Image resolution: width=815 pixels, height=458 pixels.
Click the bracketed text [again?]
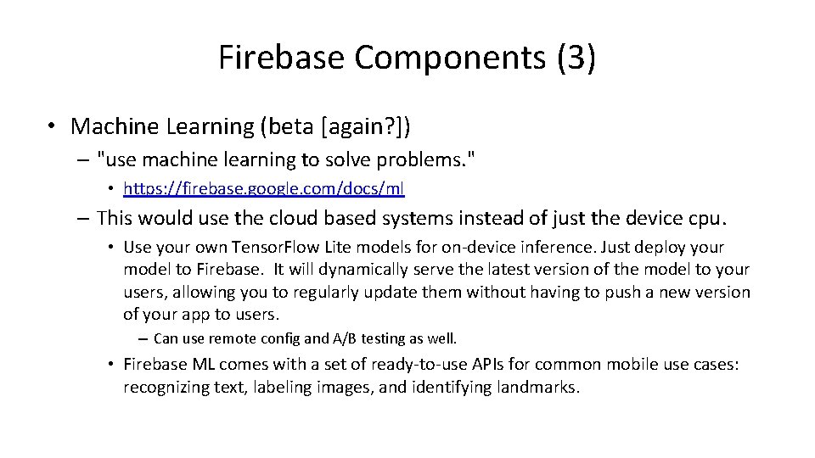coord(370,126)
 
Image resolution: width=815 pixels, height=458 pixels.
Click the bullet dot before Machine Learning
coord(53,127)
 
